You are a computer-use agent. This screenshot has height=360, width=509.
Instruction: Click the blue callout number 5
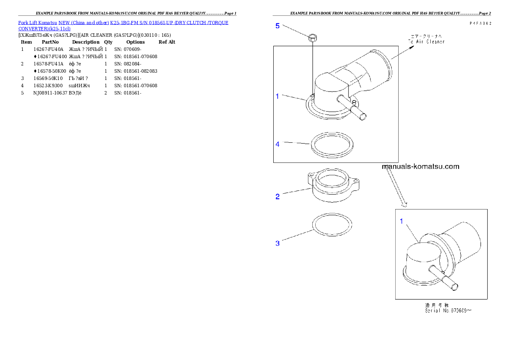(x=277, y=26)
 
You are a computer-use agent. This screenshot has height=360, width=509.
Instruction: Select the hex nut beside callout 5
(x=312, y=38)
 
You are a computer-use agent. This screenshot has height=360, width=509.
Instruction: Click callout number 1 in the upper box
(x=277, y=96)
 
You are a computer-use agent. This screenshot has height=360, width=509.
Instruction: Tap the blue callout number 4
(x=277, y=144)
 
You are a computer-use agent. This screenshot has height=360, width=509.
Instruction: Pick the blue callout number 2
(x=277, y=197)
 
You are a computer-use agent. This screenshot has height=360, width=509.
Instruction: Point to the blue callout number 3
(x=277, y=243)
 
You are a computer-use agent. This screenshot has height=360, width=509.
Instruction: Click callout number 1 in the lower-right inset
(x=402, y=221)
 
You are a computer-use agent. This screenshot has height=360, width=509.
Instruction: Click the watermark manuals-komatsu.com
(x=421, y=166)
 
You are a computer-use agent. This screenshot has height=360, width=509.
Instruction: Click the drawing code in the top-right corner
(x=480, y=24)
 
